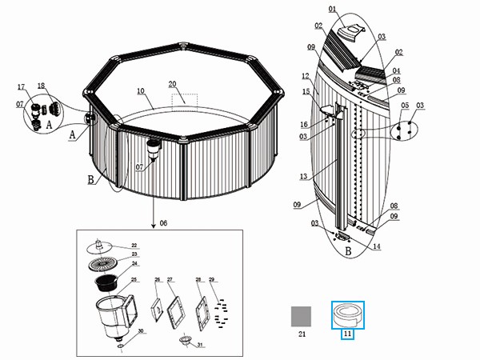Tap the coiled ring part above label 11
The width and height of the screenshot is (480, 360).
pyautogui.click(x=348, y=314)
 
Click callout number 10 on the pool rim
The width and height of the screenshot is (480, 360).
pyautogui.click(x=140, y=91)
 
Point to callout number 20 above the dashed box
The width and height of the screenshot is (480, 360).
pyautogui.click(x=172, y=84)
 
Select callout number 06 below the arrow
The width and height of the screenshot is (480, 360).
pyautogui.click(x=165, y=222)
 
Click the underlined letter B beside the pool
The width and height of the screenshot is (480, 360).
pyautogui.click(x=90, y=181)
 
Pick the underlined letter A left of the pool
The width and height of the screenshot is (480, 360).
pyautogui.click(x=73, y=135)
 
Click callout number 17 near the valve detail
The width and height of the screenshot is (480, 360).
pyautogui.click(x=22, y=86)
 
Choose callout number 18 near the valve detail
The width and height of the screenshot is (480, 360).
pyautogui.click(x=41, y=86)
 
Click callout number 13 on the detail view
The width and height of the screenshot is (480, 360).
pyautogui.click(x=302, y=176)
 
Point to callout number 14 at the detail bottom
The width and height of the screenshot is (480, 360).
pyautogui.click(x=377, y=246)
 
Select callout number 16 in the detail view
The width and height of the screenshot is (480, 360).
pyautogui.click(x=305, y=124)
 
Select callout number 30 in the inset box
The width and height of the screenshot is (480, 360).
pyautogui.click(x=141, y=330)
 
